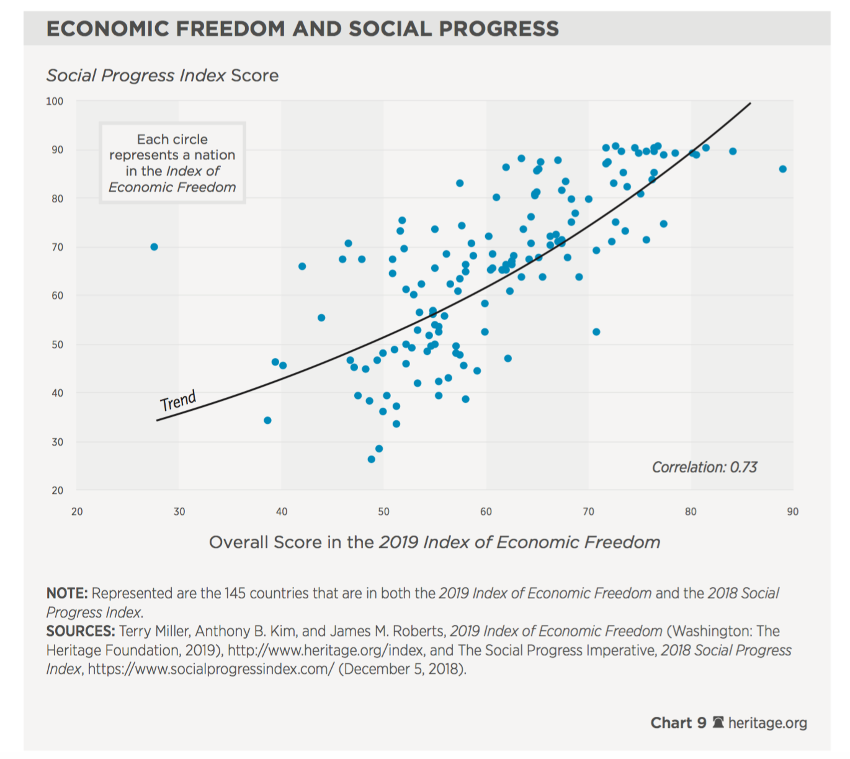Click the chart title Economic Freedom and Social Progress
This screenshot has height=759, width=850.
point(302,29)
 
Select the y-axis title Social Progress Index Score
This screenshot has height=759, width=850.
point(163,76)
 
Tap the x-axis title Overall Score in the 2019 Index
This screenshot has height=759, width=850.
point(434,542)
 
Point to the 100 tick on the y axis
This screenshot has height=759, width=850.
point(55,101)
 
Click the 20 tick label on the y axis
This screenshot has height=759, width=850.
point(57,490)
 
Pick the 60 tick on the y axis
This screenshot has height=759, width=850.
point(57,295)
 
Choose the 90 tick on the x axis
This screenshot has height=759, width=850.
point(792,512)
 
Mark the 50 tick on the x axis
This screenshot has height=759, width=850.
point(383,512)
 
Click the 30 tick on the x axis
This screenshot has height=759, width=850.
point(179,512)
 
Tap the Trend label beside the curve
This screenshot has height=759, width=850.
point(178,401)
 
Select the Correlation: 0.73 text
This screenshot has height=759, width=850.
point(704,467)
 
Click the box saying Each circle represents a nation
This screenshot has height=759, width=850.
point(172,163)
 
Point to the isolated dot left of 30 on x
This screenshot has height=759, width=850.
point(154,247)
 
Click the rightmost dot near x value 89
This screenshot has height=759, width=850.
point(783,169)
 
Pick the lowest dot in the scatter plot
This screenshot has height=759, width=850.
point(371,459)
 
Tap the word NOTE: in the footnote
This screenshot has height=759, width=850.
point(67,593)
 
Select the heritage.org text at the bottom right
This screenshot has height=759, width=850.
point(767,723)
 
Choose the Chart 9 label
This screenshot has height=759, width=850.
point(678,723)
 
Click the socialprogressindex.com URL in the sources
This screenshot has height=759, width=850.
point(211,670)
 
